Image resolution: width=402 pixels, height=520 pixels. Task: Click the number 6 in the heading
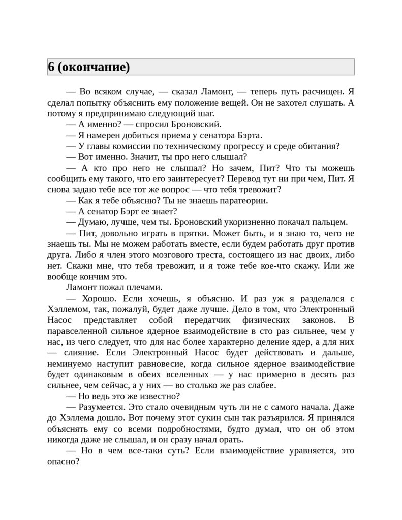coord(51,68)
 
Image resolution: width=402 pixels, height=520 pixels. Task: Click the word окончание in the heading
coord(95,68)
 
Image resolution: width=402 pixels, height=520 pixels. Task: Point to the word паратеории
coord(240,200)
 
